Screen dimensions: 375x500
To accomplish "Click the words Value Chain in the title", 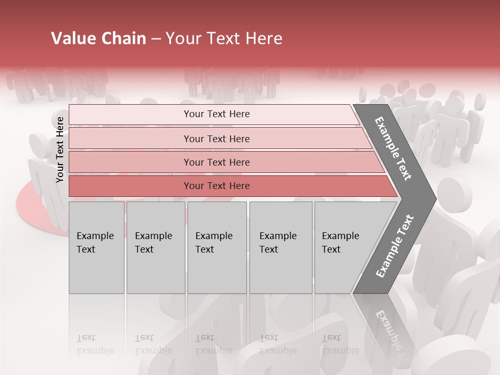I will coord(98,39).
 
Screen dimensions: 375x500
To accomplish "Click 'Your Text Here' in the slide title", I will coord(224,39).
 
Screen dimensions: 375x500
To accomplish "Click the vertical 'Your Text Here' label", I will coord(60,149).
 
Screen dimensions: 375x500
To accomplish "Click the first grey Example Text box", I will coord(96,247).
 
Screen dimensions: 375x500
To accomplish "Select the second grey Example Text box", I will coord(156,247).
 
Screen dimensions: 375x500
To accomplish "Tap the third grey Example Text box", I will coord(217,247).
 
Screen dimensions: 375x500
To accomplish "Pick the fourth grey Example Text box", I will coord(281,247).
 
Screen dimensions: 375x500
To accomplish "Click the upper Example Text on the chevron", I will coord(394,148).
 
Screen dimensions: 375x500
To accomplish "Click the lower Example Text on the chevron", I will coord(395,246).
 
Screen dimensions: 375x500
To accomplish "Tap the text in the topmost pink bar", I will coord(217,114).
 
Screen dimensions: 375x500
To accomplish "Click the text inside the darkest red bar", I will coord(217,186).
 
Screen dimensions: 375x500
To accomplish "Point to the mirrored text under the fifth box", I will coord(339,344).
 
